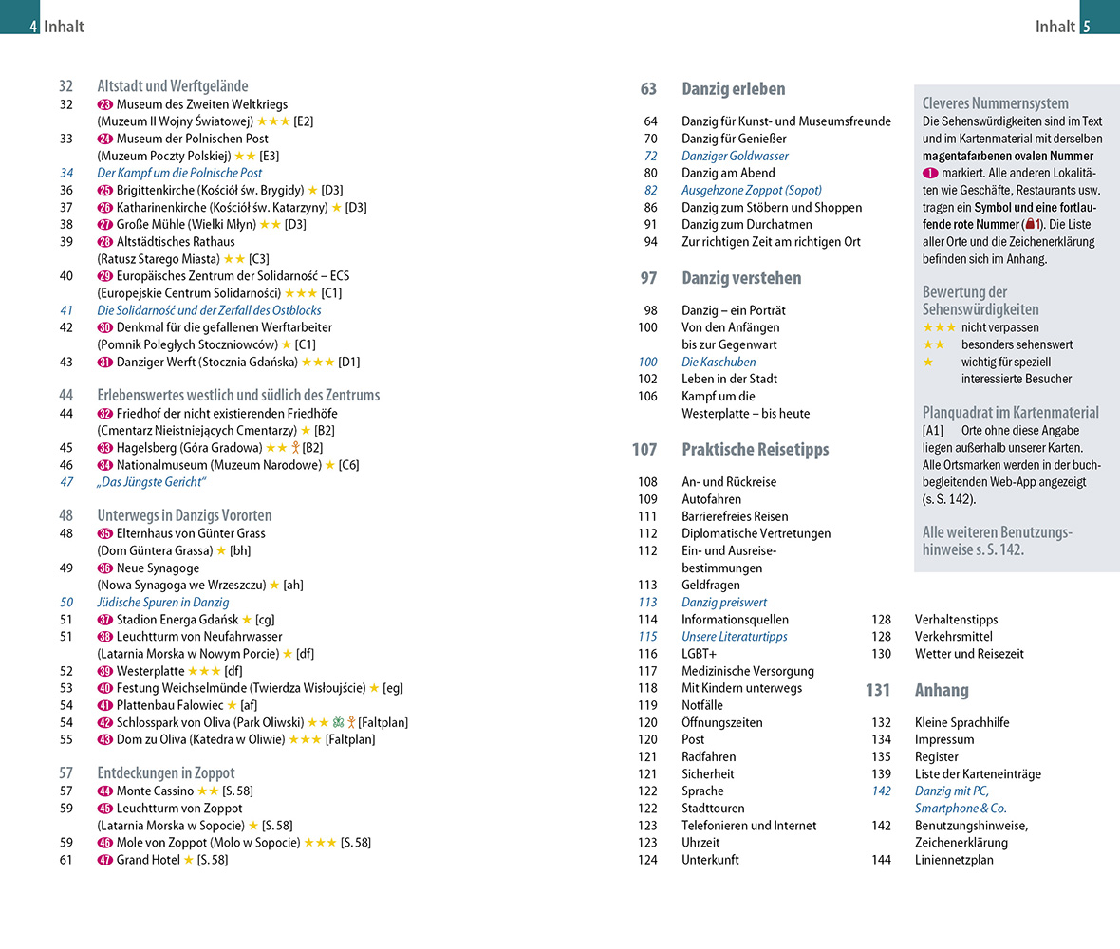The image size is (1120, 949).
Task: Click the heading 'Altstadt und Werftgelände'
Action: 173,86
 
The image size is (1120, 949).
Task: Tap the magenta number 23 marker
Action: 105,104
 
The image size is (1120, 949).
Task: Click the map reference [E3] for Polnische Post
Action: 270,156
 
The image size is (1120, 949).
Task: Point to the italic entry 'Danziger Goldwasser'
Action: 735,156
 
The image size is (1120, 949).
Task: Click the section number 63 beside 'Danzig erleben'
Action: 648,89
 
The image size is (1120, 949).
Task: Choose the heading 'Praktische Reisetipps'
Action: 755,450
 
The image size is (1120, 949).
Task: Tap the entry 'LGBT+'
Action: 700,654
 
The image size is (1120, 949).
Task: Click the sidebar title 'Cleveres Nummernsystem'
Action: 995,103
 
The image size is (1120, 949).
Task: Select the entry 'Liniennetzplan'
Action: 954,860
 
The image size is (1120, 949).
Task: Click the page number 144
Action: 882,860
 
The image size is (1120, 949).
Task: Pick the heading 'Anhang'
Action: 942,690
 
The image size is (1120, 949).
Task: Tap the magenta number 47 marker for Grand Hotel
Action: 105,860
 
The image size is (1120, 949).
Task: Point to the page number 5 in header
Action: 1087,27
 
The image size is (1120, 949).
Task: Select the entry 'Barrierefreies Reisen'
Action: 735,516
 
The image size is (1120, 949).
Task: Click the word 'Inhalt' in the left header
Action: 64,27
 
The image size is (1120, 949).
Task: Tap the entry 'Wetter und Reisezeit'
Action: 969,654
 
